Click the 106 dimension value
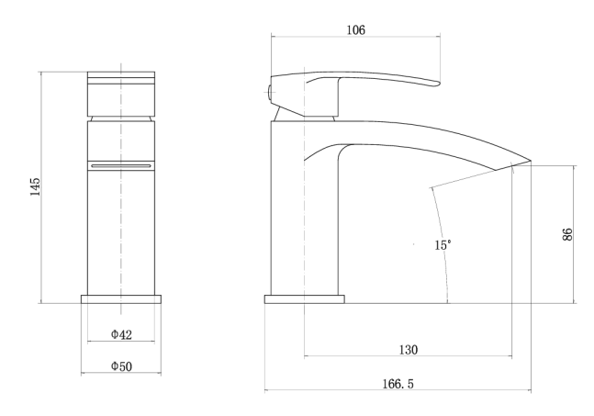pos(356,30)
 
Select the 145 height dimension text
pos(35,186)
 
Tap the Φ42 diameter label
pos(121,334)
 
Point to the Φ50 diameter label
pos(121,366)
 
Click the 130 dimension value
pos(409,350)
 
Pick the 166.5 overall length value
pos(398,384)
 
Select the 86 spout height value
pos(567,234)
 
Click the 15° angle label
pos(443,245)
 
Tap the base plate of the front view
pos(121,299)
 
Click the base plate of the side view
pos(305,299)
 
